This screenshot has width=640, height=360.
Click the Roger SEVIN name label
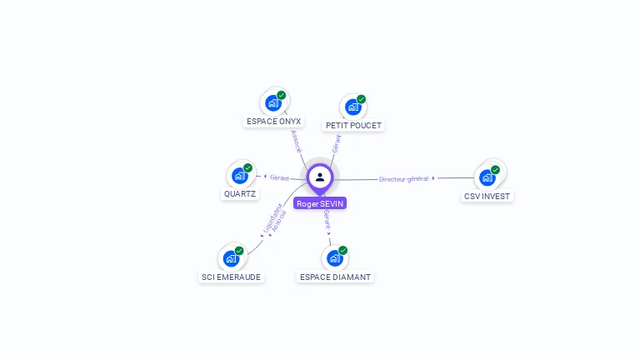tap(320, 203)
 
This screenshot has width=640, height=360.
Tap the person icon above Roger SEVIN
tap(320, 177)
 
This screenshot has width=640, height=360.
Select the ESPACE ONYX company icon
tap(272, 103)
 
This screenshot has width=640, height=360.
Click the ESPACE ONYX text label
tap(273, 121)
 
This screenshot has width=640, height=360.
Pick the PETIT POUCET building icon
tap(352, 107)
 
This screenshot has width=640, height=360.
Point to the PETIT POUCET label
tap(353, 125)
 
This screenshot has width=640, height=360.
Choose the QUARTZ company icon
tap(239, 176)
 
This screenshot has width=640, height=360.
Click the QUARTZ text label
tap(240, 193)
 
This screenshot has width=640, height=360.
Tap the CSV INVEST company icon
tap(487, 177)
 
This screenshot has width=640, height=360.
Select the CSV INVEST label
tap(488, 196)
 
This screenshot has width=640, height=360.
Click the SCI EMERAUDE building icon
tap(231, 258)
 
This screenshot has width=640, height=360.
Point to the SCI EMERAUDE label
tap(231, 277)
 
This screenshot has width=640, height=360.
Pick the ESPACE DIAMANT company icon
tap(334, 258)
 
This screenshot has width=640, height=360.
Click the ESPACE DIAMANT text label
tap(335, 277)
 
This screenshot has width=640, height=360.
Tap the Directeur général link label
tap(403, 178)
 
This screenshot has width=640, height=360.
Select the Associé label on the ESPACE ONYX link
tap(297, 141)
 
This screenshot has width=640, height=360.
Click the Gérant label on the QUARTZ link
tap(279, 177)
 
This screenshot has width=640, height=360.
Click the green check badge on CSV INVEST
tap(495, 170)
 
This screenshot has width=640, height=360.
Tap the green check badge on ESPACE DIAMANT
tap(342, 251)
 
